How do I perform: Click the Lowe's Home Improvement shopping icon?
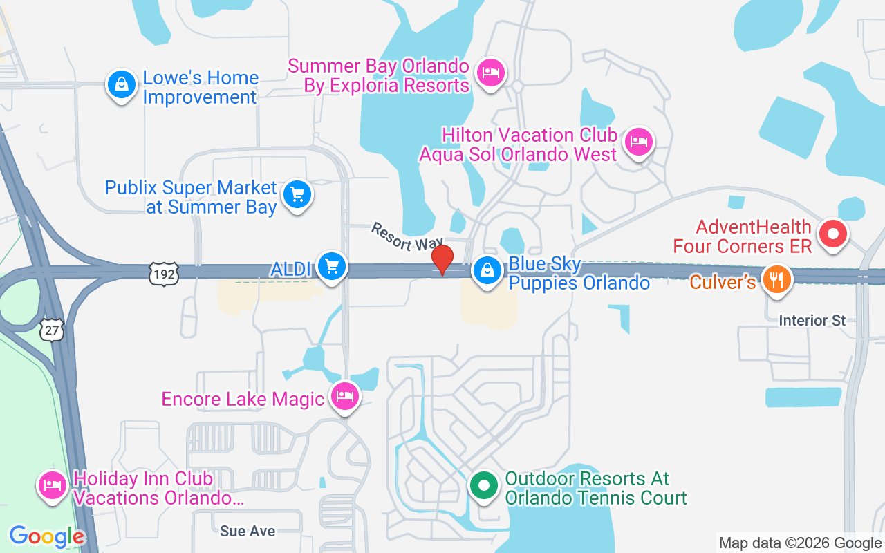pyautogui.click(x=122, y=85)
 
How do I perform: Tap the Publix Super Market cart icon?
pyautogui.click(x=298, y=194)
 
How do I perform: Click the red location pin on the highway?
pyautogui.click(x=442, y=260)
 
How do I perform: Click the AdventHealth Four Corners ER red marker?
pyautogui.click(x=833, y=233)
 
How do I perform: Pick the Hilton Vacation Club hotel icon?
pyautogui.click(x=638, y=142)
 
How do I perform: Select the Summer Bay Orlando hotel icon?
pyautogui.click(x=490, y=71)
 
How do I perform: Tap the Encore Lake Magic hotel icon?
pyautogui.click(x=344, y=397)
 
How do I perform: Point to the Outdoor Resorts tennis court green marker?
pyautogui.click(x=484, y=485)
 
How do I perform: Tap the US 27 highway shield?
pyautogui.click(x=53, y=330)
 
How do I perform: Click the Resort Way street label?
pyautogui.click(x=407, y=236)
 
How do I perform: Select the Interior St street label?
pyautogui.click(x=812, y=321)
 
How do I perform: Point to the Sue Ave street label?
pyautogui.click(x=248, y=531)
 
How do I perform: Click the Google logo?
pyautogui.click(x=47, y=536)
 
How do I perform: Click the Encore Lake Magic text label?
pyautogui.click(x=243, y=399)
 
